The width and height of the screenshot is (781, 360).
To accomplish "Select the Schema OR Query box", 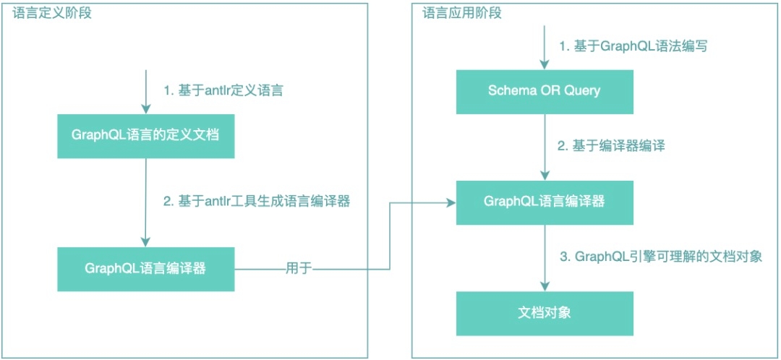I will click(544, 91).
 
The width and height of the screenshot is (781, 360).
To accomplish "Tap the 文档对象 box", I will click(544, 313).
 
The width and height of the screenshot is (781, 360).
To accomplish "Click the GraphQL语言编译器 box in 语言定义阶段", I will click(145, 269).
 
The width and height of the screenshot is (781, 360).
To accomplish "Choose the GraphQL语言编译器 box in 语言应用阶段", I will click(544, 202).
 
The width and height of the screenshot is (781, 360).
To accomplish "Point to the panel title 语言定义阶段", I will click(53, 13).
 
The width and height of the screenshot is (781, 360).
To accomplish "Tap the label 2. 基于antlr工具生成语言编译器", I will click(257, 202).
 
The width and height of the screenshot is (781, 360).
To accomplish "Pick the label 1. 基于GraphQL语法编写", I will click(633, 46).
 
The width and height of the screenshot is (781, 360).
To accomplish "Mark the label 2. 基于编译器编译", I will click(611, 146).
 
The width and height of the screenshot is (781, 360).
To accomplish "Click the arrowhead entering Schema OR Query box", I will click(544, 65).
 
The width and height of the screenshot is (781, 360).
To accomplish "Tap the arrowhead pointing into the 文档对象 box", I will click(544, 287).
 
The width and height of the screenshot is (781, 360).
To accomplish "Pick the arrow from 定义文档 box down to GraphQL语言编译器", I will click(146, 202).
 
